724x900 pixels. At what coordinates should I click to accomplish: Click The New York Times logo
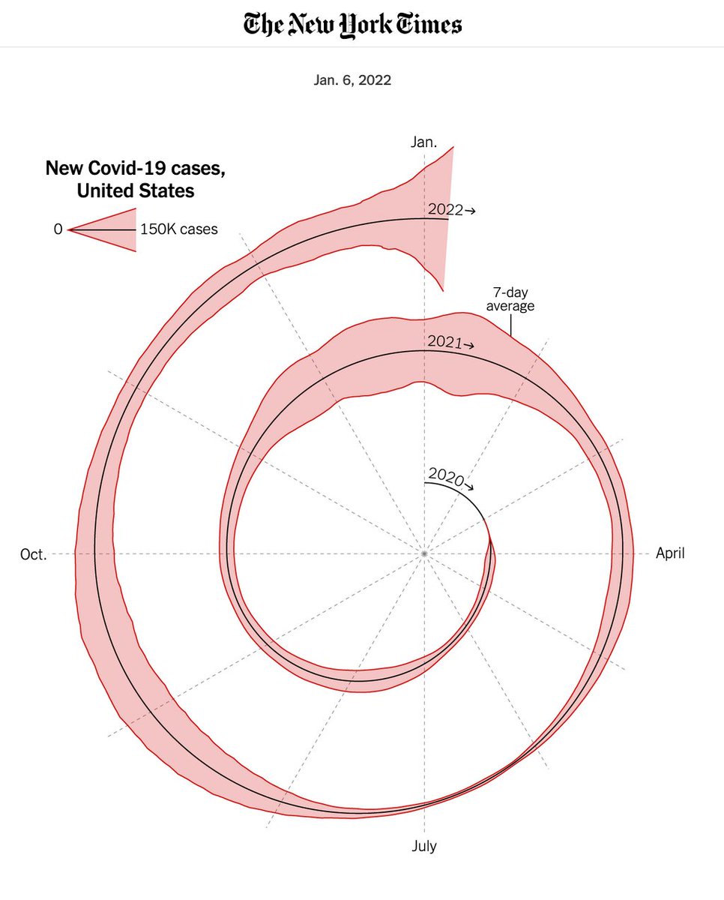pyautogui.click(x=352, y=25)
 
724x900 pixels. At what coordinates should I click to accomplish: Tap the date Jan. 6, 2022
pyautogui.click(x=352, y=80)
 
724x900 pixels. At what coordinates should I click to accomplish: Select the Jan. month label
pyautogui.click(x=423, y=142)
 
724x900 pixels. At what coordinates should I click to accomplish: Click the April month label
pyautogui.click(x=670, y=553)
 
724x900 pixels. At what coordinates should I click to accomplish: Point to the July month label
pyautogui.click(x=423, y=846)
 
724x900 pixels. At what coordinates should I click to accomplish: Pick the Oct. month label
pyautogui.click(x=33, y=554)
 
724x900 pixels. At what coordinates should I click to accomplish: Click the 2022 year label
pyautogui.click(x=445, y=210)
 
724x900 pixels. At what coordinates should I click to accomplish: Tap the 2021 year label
pyautogui.click(x=444, y=342)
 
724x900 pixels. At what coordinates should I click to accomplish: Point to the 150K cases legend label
pyautogui.click(x=179, y=229)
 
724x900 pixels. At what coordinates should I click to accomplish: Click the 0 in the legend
pyautogui.click(x=58, y=229)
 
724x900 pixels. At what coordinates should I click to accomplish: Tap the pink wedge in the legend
pyautogui.click(x=112, y=229)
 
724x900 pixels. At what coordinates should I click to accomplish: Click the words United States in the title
pyautogui.click(x=135, y=191)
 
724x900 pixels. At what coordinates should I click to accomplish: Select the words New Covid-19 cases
pyautogui.click(x=135, y=168)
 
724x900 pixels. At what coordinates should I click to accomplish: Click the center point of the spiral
pyautogui.click(x=424, y=553)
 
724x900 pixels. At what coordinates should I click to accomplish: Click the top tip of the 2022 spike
pyautogui.click(x=453, y=147)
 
